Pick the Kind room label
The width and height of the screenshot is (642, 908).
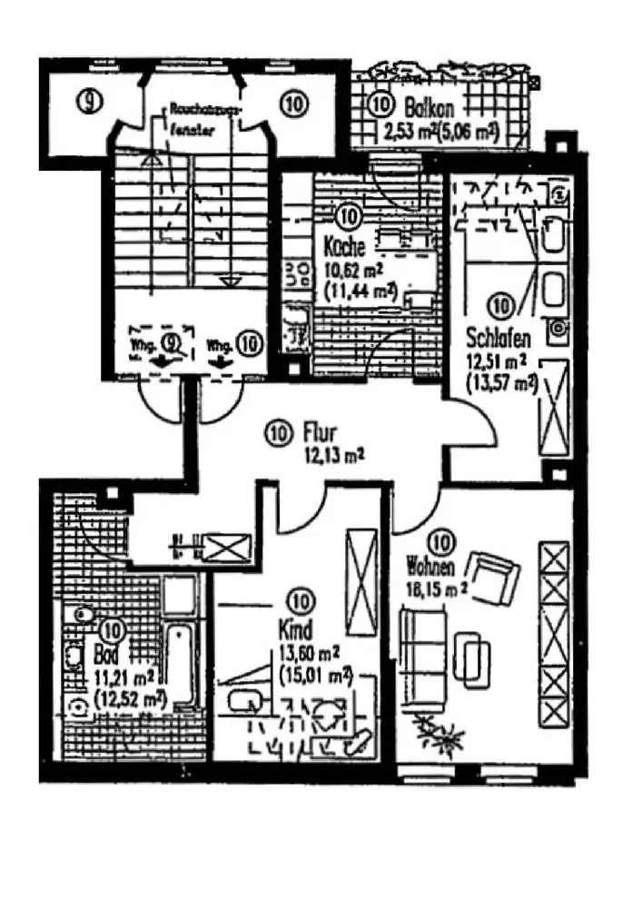coord(297,628)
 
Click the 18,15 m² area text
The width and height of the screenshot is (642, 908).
coord(433,587)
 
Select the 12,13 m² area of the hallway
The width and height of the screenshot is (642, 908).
coord(325,456)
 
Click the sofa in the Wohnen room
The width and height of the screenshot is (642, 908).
coord(420,649)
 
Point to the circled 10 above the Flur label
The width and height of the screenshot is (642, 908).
coord(279,433)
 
